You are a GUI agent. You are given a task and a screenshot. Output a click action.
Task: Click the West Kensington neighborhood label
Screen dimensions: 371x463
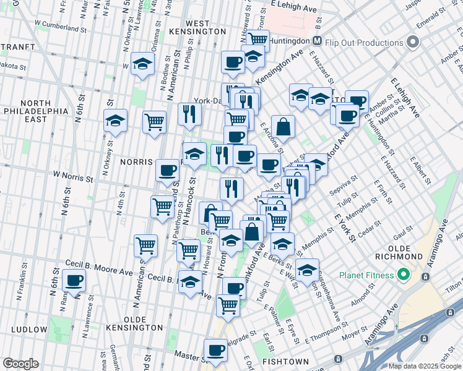click(197, 27)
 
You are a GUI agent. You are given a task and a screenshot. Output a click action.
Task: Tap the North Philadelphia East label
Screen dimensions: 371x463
click(43, 111)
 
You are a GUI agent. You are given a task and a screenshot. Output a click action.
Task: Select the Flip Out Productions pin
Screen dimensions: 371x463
click(412, 43)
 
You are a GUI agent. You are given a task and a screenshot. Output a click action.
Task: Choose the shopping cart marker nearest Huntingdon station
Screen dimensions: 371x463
click(257, 40)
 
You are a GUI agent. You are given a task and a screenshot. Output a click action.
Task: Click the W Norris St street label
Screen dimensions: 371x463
click(72, 179)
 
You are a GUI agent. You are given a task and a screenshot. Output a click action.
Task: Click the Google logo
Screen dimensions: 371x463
click(20, 364)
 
